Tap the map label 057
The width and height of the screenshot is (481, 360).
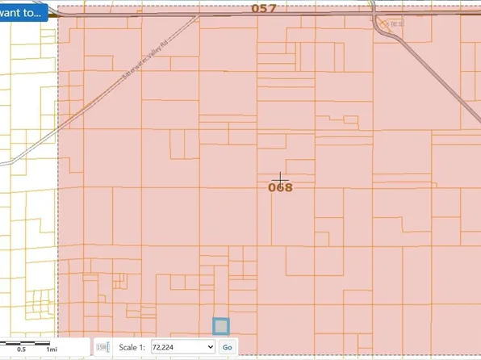click(x=263, y=8)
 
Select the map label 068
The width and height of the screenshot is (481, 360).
click(x=280, y=187)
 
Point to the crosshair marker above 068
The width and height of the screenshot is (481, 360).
click(x=280, y=178)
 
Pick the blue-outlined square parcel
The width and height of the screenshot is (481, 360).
click(x=220, y=326)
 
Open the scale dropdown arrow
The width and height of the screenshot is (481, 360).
click(x=211, y=347)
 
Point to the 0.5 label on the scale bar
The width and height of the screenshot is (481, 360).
click(x=22, y=349)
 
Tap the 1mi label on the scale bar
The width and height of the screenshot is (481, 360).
click(x=51, y=349)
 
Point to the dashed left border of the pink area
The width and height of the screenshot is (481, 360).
click(x=57, y=202)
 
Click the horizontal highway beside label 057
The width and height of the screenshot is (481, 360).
click(x=202, y=15)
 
